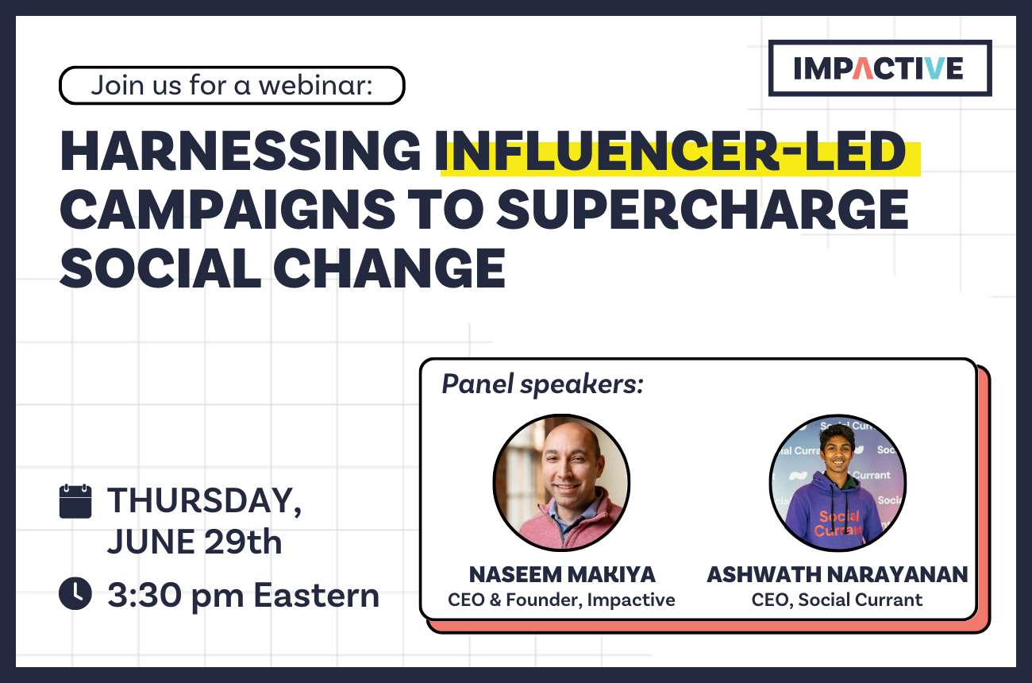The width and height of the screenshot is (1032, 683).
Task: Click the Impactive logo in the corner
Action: [880, 68]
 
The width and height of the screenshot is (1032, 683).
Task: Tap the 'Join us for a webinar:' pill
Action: [232, 86]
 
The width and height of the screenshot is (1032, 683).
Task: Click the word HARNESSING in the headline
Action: [241, 152]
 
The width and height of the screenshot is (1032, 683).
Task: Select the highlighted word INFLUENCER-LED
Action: [674, 152]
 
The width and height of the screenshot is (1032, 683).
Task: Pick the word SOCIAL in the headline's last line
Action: [160, 268]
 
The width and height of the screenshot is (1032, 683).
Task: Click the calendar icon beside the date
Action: [75, 501]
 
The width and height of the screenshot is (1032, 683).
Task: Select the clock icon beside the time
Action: [75, 594]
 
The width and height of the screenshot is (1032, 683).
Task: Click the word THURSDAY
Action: [204, 501]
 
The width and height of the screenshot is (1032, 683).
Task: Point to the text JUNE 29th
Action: [194, 543]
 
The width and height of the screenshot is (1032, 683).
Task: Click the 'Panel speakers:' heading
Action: [542, 384]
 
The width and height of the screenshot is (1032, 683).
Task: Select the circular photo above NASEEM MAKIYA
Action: [561, 482]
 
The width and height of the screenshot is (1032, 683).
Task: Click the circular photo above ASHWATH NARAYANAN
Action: [837, 482]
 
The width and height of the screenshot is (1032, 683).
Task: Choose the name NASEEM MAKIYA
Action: [561, 574]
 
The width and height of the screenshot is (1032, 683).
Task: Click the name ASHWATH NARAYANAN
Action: [837, 574]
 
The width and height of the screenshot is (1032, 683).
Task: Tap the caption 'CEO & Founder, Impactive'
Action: [561, 600]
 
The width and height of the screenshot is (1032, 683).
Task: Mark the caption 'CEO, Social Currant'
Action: [837, 600]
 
